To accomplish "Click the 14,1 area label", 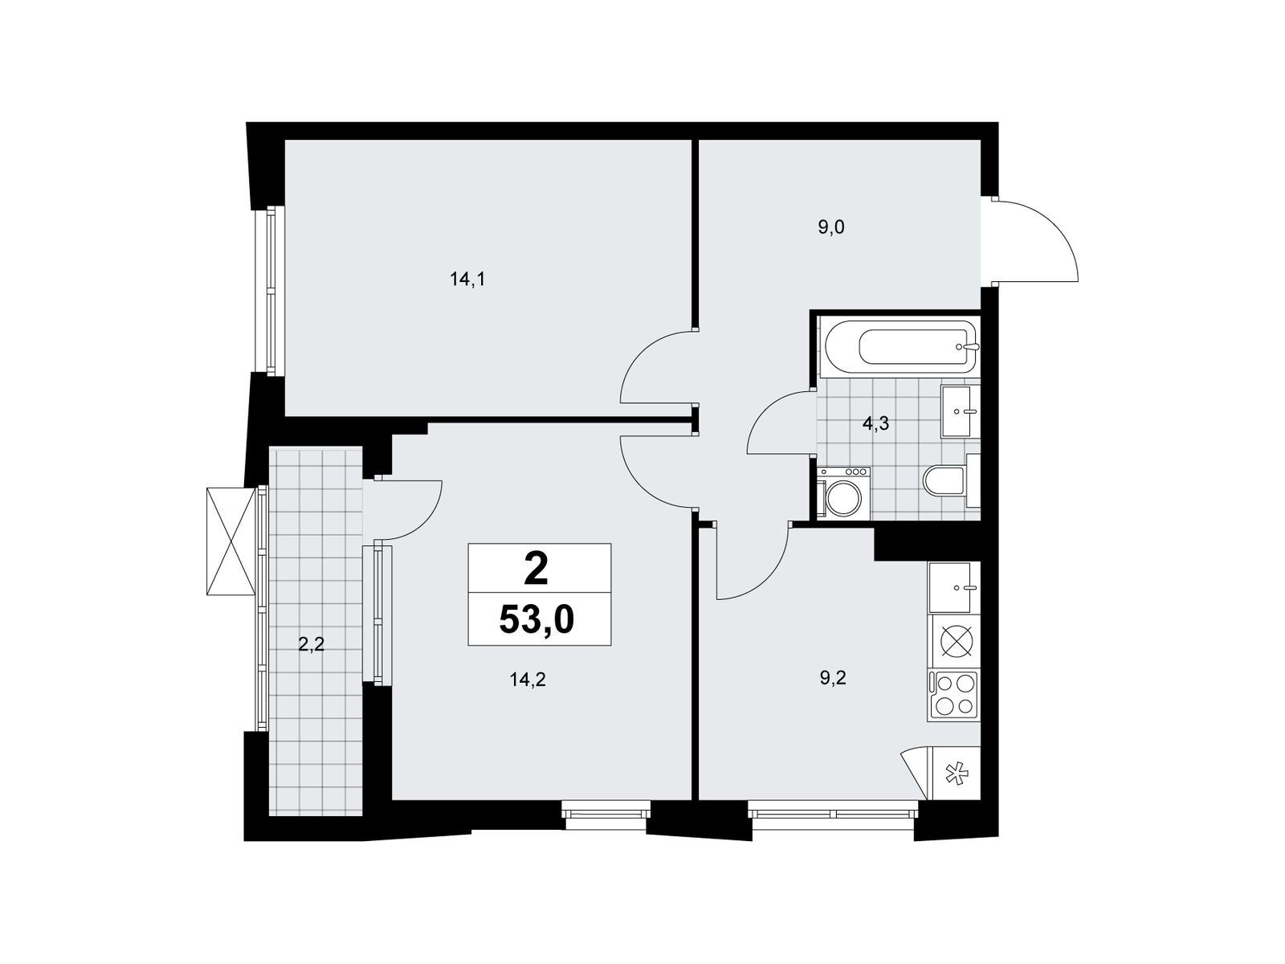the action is (467, 280).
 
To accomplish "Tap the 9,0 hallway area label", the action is (830, 227).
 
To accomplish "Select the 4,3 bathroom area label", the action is (875, 424).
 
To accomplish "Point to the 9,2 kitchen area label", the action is (833, 678).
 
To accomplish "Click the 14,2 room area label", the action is (528, 680).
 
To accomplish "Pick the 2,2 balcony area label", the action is (312, 644).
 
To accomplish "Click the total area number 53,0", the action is (536, 620).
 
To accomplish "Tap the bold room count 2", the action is (536, 569).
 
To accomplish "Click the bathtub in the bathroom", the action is (899, 347).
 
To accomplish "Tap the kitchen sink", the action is (953, 588).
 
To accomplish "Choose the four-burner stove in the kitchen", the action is (953, 696).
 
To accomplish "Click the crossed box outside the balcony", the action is (231, 541).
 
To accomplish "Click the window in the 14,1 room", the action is (271, 291).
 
